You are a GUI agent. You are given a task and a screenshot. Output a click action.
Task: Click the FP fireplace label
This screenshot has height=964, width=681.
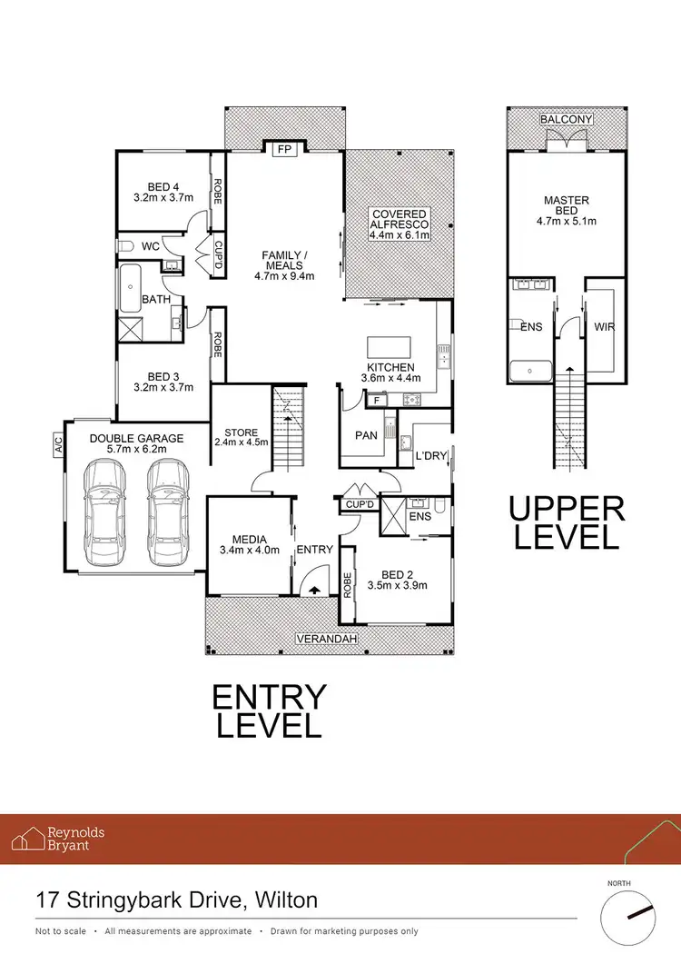[284, 150]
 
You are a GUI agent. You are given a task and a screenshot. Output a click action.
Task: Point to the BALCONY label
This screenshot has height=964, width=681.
[567, 120]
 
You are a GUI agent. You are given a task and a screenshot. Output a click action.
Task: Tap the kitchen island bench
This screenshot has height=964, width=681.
[388, 348]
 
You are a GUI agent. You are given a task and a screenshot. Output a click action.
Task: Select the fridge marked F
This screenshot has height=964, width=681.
[374, 399]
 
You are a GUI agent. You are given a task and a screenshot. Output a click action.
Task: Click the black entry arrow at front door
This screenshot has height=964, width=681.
[315, 589]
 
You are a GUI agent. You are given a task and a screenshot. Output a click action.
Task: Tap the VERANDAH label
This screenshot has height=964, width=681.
[323, 640]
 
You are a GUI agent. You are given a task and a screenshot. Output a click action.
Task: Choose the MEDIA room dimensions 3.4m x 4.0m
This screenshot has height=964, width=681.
[249, 550]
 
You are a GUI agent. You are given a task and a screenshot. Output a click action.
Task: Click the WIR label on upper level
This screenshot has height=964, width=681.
[604, 325]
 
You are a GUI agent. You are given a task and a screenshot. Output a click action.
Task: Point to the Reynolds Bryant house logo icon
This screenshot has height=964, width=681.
[35, 838]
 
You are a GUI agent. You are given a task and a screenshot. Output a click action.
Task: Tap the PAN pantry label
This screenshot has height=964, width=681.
[366, 435]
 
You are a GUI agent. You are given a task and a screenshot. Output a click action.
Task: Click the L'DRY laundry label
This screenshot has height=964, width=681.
[430, 455]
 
